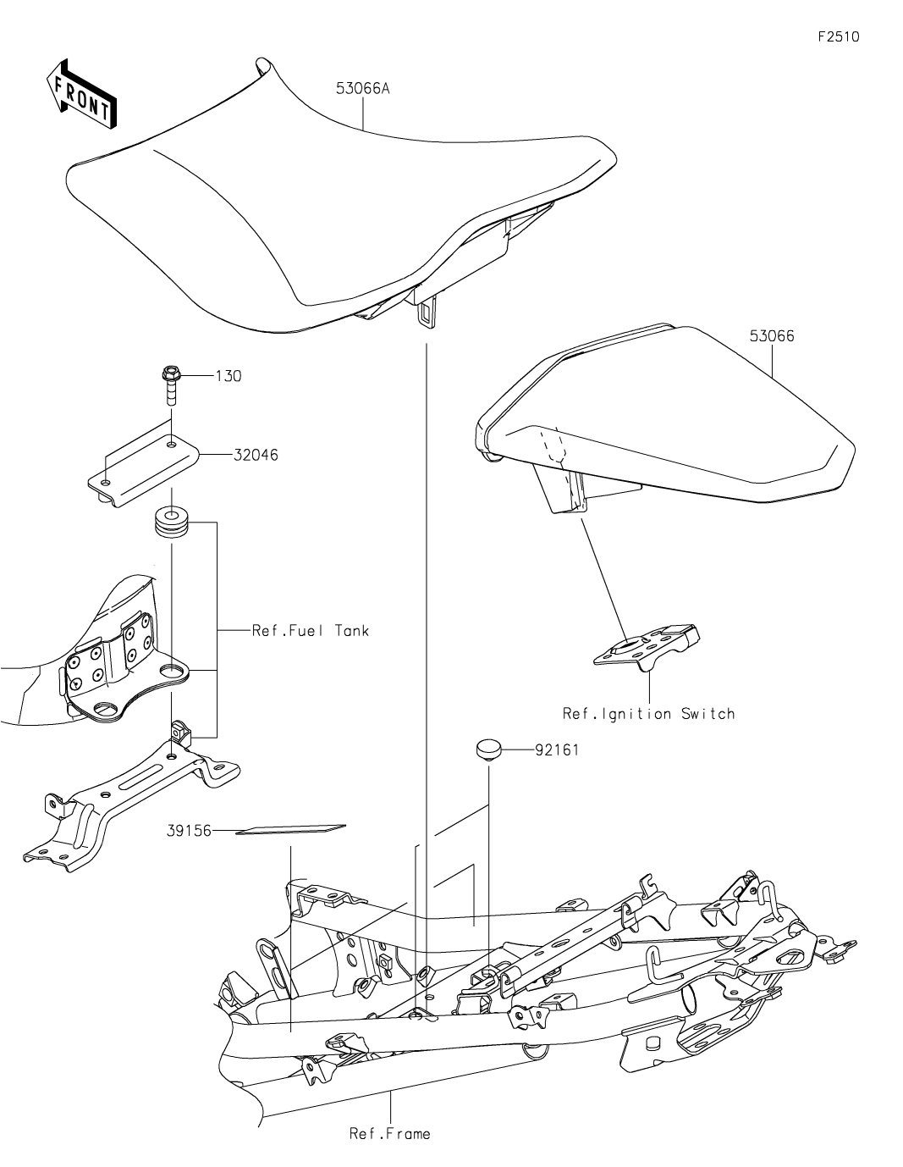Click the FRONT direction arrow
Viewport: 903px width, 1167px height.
(x=81, y=92)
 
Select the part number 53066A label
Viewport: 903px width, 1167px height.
(x=362, y=88)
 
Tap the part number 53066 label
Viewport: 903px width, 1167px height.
(x=771, y=335)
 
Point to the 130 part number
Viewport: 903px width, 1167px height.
(x=228, y=376)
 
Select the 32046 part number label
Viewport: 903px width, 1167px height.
(x=255, y=455)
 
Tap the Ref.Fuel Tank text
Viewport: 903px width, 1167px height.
(x=310, y=630)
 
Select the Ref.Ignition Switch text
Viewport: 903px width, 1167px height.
(x=648, y=714)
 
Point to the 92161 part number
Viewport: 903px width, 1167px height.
(x=557, y=749)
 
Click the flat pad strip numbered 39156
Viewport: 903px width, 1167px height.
(x=290, y=829)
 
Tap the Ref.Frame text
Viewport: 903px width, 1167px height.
(x=389, y=1133)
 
